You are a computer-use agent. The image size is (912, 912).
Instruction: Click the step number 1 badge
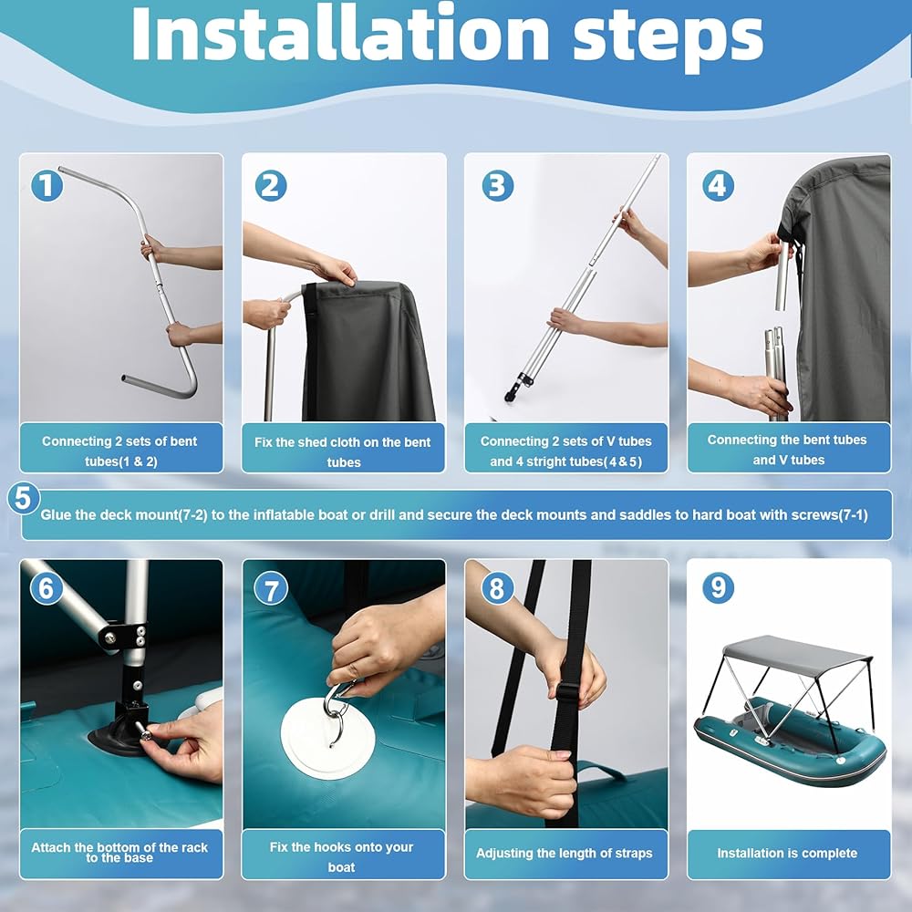click(x=47, y=185)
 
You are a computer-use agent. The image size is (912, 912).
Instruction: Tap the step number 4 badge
click(x=718, y=185)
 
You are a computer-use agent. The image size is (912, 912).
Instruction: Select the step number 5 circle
click(x=24, y=499)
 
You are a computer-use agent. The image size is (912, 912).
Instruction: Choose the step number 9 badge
click(x=718, y=587)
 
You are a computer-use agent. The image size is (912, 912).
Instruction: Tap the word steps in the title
click(x=668, y=38)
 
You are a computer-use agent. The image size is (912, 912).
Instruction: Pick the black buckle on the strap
click(x=567, y=694)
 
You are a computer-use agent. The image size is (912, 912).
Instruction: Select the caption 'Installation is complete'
click(x=787, y=854)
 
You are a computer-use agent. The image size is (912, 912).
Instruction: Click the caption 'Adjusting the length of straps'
click(x=565, y=854)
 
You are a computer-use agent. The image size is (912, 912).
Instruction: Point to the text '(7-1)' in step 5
click(x=853, y=514)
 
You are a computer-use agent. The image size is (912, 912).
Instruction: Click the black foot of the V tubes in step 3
click(x=515, y=389)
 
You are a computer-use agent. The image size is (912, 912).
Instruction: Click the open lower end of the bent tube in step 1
click(x=126, y=378)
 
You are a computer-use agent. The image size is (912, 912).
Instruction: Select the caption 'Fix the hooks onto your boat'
click(x=341, y=856)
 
